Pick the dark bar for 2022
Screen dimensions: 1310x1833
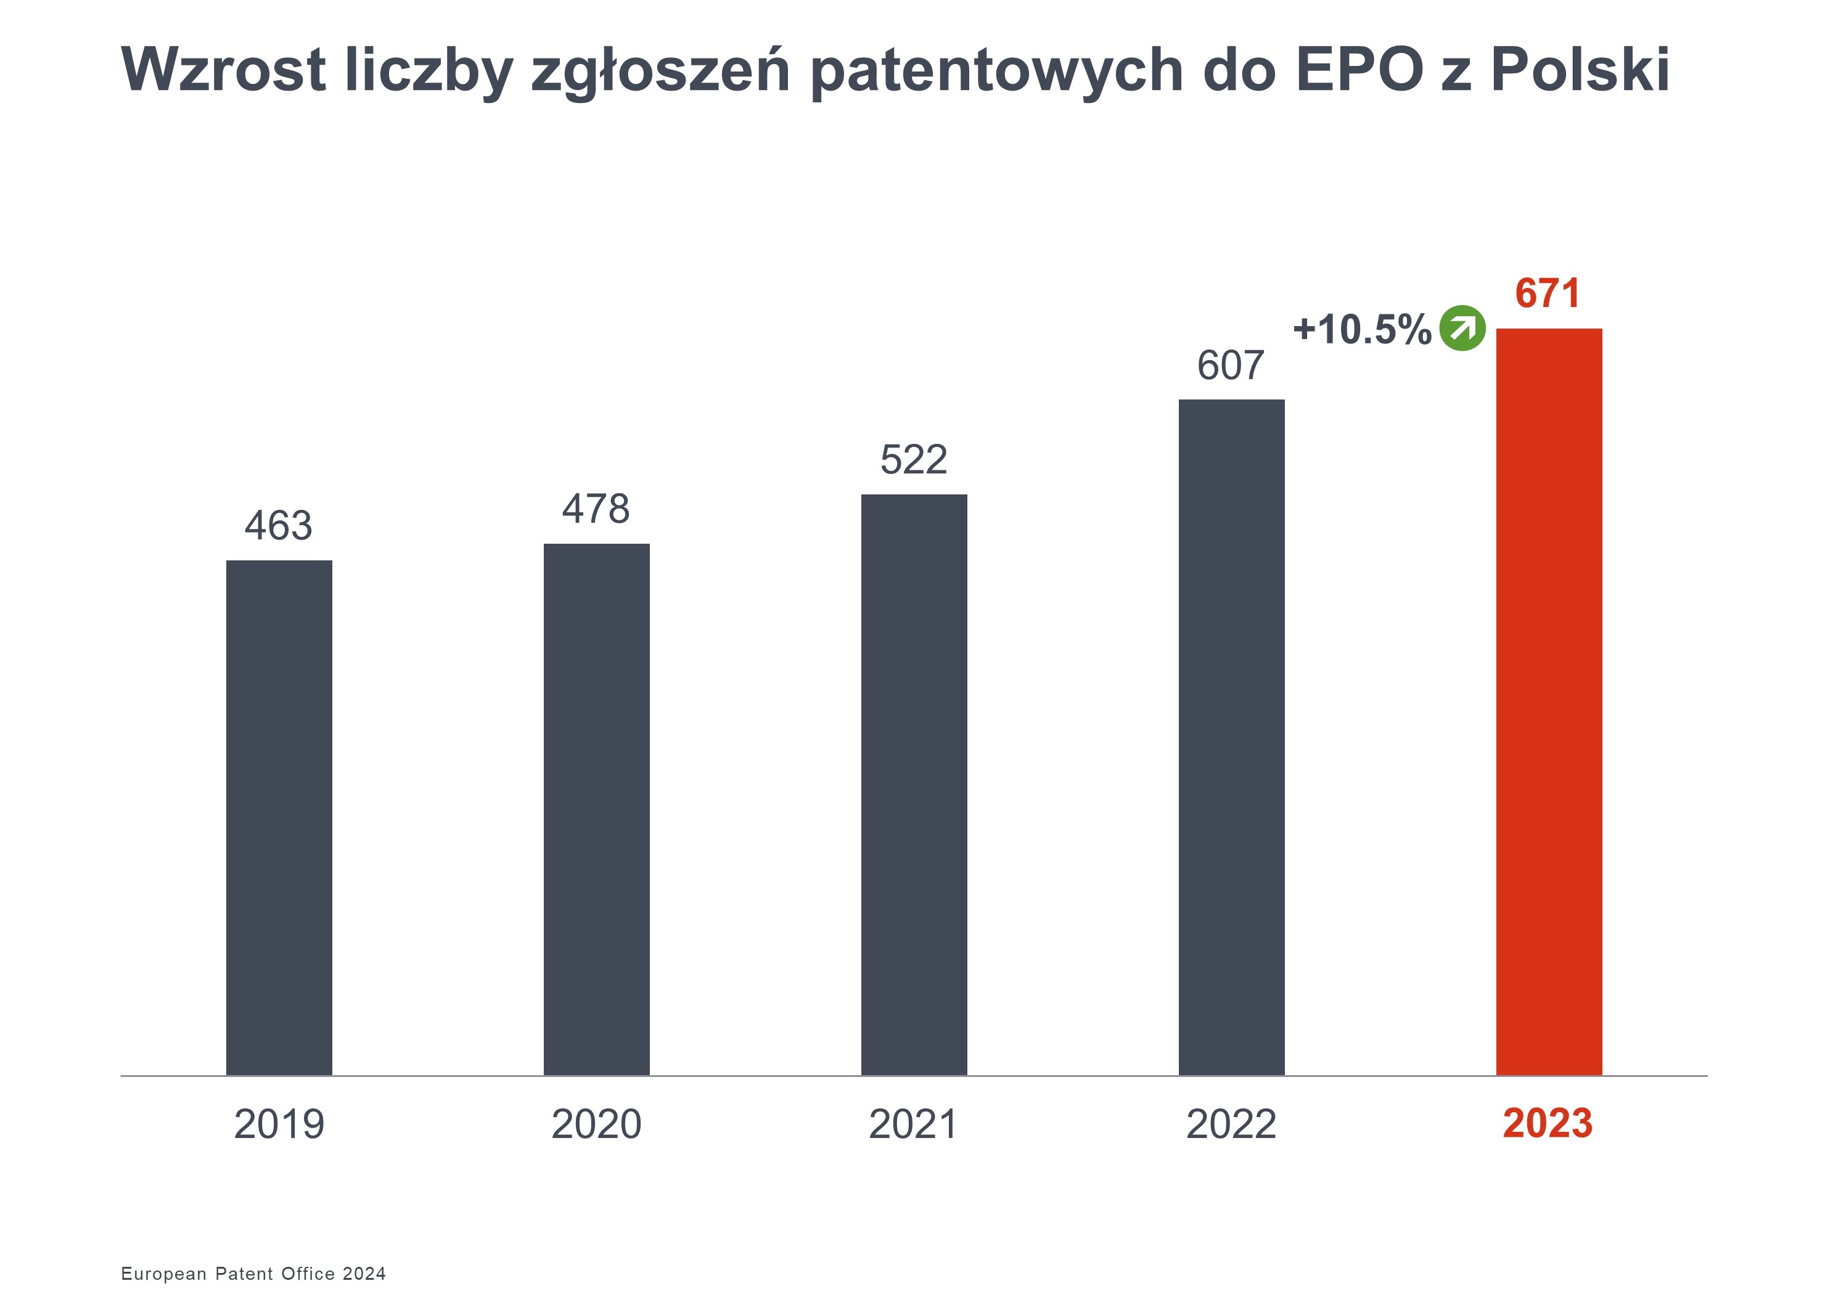click(1231, 737)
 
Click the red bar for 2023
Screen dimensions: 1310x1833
click(1548, 701)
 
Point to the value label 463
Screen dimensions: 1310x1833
click(278, 526)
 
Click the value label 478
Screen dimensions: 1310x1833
click(596, 509)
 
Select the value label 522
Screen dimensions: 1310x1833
click(913, 460)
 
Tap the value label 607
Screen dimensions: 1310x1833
click(1231, 366)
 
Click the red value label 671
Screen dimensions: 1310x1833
click(1548, 293)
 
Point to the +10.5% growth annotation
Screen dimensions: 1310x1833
click(1362, 330)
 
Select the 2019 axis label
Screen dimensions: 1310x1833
click(279, 1124)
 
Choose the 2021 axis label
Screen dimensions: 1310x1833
click(913, 1124)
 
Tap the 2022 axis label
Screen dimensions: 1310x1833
click(1231, 1124)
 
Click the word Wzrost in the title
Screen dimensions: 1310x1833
click(223, 70)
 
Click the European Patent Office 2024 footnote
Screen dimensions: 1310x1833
click(253, 1273)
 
